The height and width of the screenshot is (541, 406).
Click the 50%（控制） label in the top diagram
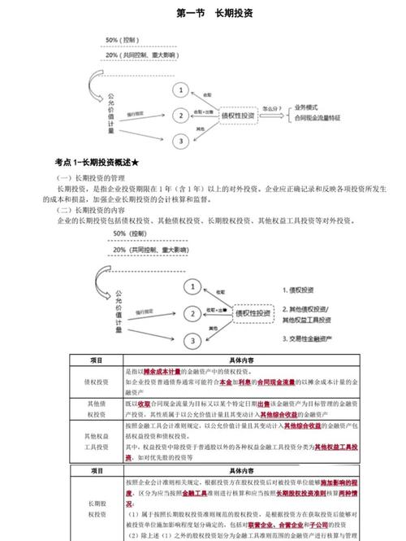point(123,39)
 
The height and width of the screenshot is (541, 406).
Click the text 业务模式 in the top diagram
point(311,107)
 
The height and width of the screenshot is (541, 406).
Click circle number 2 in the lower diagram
point(192,312)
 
